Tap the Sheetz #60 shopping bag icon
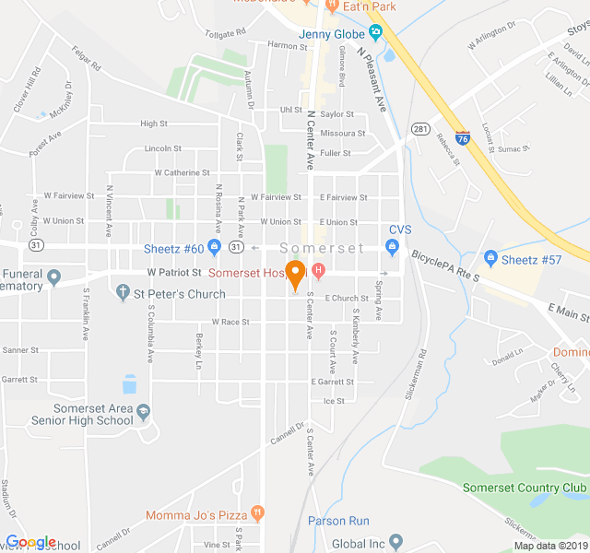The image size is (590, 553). coord(214,248)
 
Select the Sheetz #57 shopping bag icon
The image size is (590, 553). coord(490,258)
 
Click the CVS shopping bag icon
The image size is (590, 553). coord(392,246)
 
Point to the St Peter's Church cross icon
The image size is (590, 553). coord(123,294)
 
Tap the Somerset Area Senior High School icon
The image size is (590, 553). coord(144,411)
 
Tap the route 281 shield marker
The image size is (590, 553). coord(420,128)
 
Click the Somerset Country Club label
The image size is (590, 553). coord(524,488)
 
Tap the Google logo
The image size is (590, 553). coord(30,542)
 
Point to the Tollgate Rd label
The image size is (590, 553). coord(226,32)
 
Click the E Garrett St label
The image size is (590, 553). coord(333,382)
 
